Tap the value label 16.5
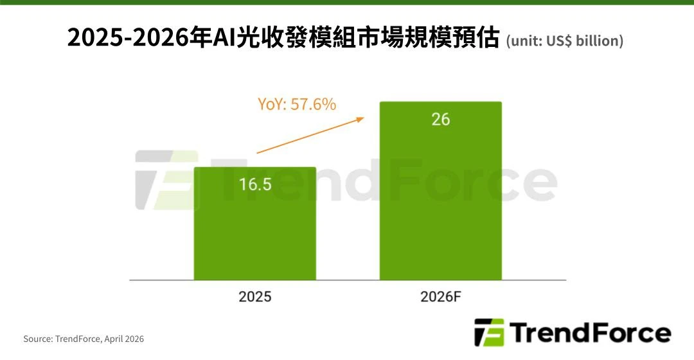coord(255,184)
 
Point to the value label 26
coord(441,119)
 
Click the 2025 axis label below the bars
coord(255,297)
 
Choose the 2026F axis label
coord(441,297)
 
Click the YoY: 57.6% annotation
coord(297,104)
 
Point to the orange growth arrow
coord(308,136)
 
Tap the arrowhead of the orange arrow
coord(360,118)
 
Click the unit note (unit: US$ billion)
coord(565,41)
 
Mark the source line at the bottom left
coord(84,339)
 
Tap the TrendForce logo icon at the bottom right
coord(490,332)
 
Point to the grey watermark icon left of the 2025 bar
coord(165,180)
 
